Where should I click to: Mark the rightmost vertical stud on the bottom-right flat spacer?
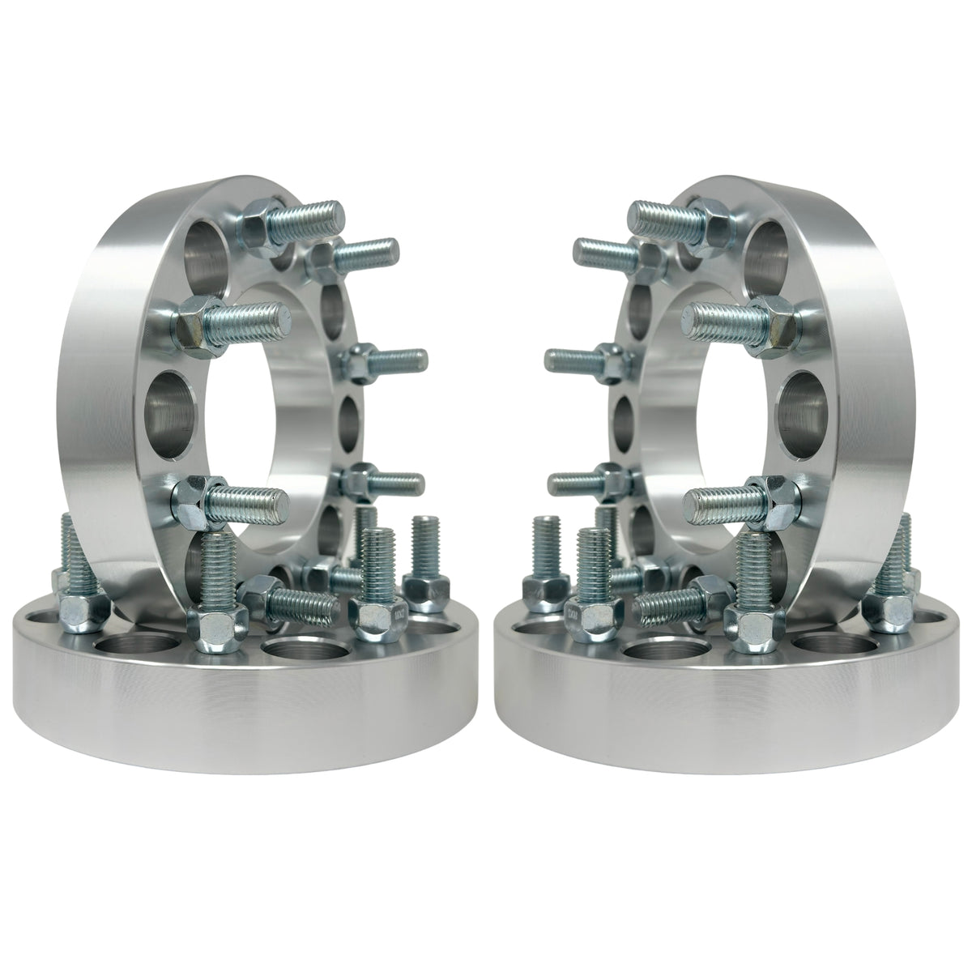[901, 551]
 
